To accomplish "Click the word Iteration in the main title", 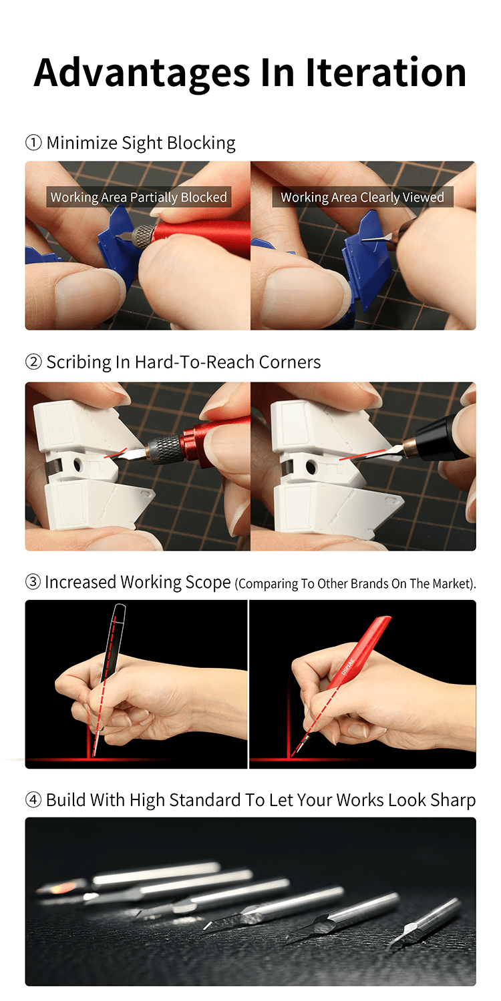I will coord(386,72).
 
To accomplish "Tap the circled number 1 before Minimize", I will coord(33,143).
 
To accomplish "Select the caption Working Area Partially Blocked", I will coord(139,198).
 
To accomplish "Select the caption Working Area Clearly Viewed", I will coord(362,198).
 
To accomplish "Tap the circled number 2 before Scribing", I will coord(33,362).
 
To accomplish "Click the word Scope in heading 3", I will coord(208,583).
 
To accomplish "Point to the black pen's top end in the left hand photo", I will coord(120,610).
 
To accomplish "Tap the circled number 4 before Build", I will coord(33,800).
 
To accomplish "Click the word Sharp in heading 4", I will coord(450,800).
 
